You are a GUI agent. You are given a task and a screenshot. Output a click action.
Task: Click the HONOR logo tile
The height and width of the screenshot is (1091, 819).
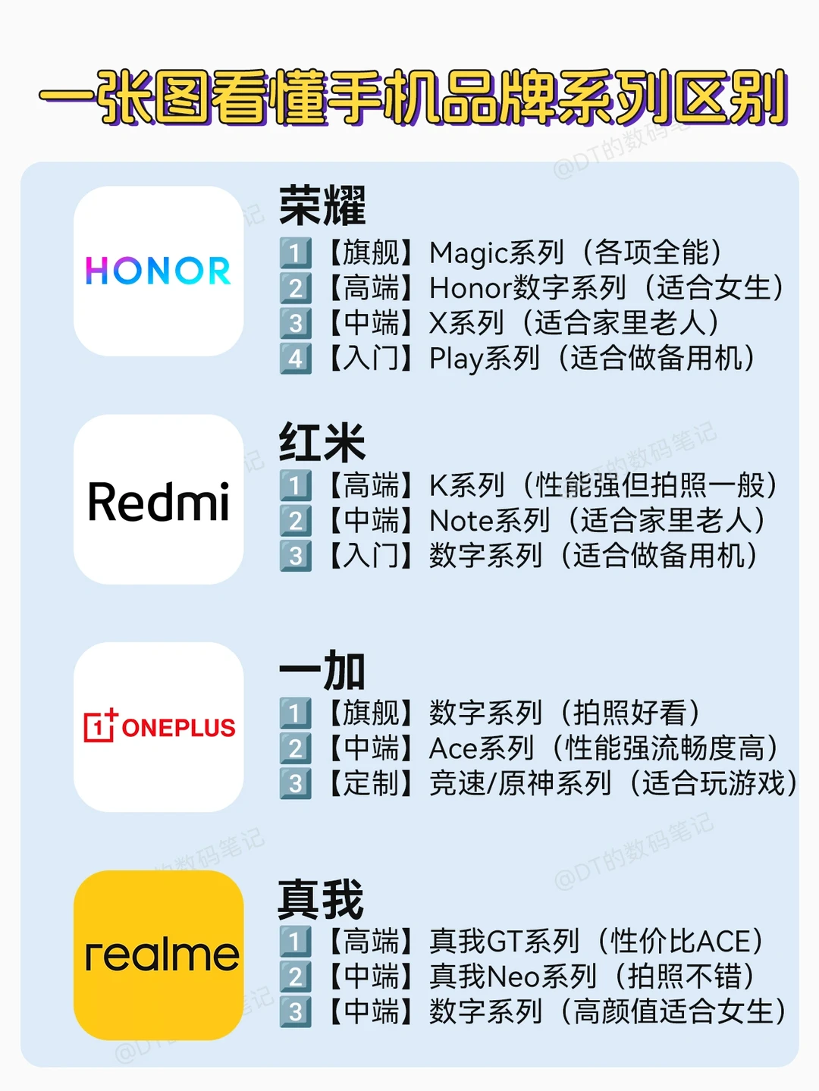(x=158, y=271)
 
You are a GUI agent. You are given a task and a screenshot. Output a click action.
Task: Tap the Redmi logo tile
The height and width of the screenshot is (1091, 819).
(x=158, y=500)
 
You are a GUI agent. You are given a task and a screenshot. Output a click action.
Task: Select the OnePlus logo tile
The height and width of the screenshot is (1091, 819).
(x=158, y=727)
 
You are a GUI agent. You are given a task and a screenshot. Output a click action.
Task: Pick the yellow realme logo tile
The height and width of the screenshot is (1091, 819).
(x=158, y=955)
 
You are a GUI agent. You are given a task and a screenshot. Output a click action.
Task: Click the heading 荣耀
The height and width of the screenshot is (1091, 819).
(x=322, y=205)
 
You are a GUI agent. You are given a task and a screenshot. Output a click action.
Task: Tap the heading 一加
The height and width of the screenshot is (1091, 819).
(x=322, y=671)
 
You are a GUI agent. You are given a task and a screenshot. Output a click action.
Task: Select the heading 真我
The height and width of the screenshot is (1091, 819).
(x=321, y=899)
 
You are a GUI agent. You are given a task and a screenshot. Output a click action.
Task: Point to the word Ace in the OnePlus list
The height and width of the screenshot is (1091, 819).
(x=453, y=748)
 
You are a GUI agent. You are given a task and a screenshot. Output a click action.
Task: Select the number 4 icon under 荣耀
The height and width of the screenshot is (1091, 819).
(x=296, y=359)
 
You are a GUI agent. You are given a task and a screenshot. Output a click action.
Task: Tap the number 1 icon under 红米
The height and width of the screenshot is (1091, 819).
(x=296, y=485)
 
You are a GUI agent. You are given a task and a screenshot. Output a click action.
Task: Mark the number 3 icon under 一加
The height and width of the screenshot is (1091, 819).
(x=296, y=783)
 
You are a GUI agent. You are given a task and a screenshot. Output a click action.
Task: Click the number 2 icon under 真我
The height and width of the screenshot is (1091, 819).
(x=296, y=977)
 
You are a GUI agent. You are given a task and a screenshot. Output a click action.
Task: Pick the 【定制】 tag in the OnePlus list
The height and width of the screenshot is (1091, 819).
(x=371, y=783)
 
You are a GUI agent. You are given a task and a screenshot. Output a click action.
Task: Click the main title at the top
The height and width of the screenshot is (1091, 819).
(x=413, y=97)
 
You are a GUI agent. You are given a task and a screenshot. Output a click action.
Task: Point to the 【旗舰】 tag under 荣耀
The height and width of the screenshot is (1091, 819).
(x=371, y=252)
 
